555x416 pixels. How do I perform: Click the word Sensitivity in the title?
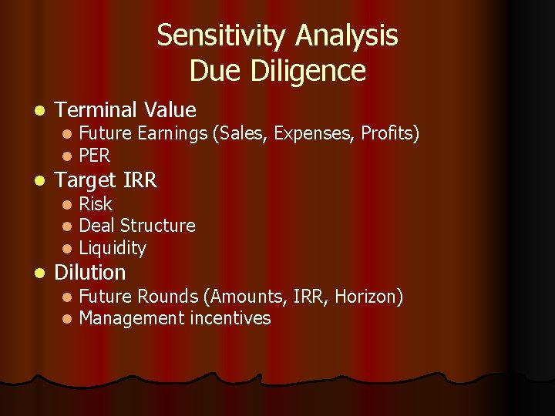pos(222,36)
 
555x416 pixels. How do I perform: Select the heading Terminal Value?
pos(126,110)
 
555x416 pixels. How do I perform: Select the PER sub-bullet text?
pos(95,156)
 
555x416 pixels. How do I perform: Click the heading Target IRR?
pos(106,180)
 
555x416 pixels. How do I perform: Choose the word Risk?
pos(96,204)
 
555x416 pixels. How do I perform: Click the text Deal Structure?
pos(137,226)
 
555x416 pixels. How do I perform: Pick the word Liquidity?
pos(113,248)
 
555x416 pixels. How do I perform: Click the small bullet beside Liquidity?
pos(67,249)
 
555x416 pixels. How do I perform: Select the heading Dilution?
pos(89,273)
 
